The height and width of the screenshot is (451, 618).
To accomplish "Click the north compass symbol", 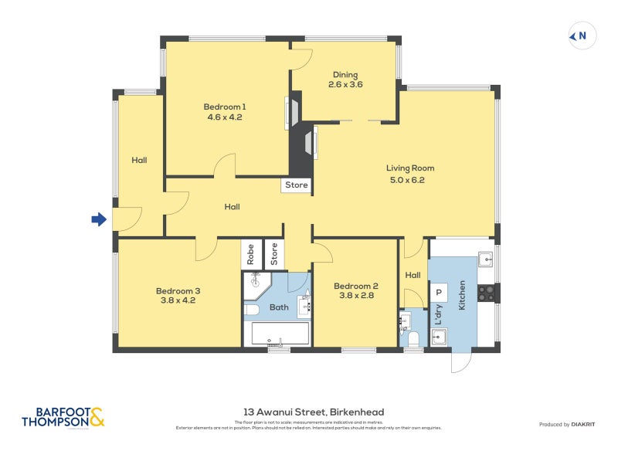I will pos(581,35).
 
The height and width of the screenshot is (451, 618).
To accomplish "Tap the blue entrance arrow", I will pos(98,220).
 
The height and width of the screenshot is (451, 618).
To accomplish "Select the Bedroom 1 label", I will pos(225,107).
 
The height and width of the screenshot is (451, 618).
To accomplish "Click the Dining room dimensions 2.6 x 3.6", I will pos(345,85).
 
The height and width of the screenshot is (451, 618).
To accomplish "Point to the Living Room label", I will pos(410,168).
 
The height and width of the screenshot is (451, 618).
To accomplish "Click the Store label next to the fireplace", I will pos(297,185).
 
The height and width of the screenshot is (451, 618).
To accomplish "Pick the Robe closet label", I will pos(251,254).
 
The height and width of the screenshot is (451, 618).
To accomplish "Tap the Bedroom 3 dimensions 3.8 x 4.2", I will pos(178,300).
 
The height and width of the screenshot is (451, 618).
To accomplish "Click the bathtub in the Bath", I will pos(277,334).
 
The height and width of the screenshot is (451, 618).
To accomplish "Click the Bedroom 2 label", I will pos(355,287).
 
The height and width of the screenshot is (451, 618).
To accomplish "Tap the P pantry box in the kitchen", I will pos(439,293).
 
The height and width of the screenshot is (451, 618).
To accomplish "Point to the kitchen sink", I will pos(485,259).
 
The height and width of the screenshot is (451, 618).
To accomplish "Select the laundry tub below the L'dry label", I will pos(440,337).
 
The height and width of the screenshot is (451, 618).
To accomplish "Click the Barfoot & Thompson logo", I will pos(63,417).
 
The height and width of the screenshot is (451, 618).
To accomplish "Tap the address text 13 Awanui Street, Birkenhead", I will pos(309,412).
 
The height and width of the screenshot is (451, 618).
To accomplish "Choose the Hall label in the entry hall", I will pos(139,161).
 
